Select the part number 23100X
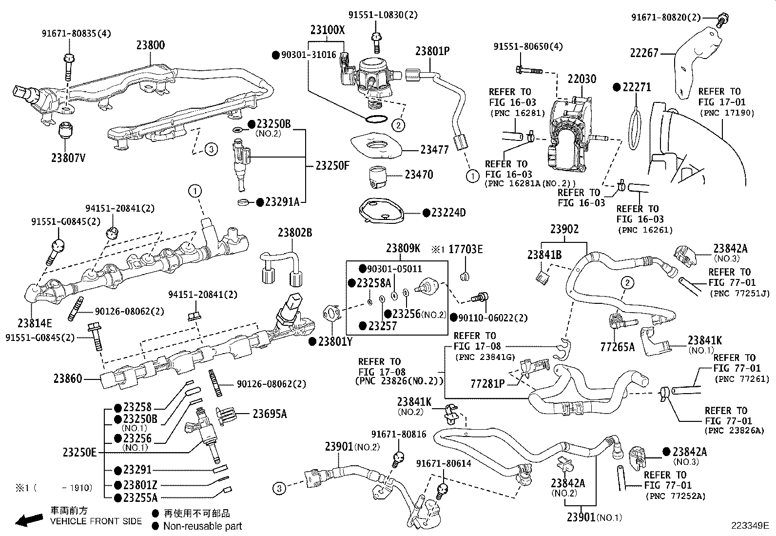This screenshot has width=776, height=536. (327, 30)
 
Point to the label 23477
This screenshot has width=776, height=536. (434, 150)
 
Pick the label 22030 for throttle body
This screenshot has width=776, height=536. (582, 79)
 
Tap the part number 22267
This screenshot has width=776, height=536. (644, 53)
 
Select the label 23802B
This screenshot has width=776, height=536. (295, 233)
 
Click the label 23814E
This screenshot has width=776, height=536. (35, 323)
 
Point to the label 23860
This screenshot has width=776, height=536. (68, 378)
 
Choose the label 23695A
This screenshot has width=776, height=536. (270, 414)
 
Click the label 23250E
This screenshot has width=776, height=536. (80, 452)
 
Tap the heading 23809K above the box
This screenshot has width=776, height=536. (403, 248)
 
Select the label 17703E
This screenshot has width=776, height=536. (466, 249)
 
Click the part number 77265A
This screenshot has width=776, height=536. (618, 347)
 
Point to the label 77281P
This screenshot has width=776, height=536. (487, 383)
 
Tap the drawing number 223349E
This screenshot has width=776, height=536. (749, 526)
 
